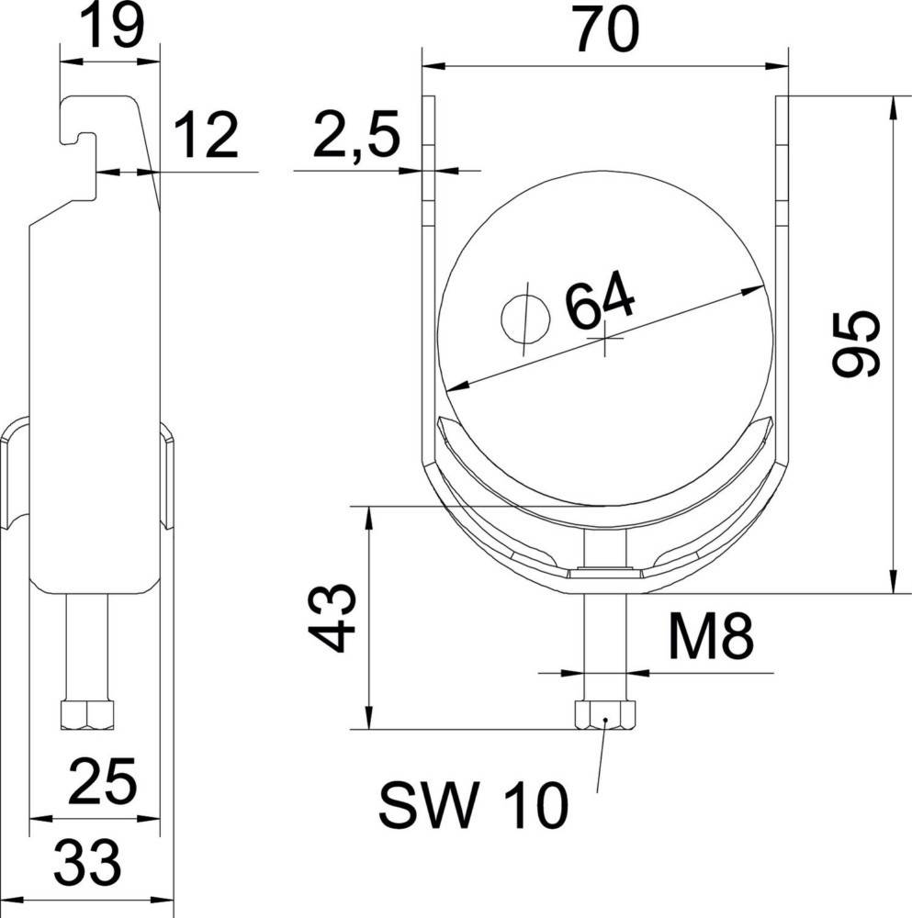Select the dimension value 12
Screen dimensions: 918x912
(206, 139)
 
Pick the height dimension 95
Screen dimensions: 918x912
(854, 343)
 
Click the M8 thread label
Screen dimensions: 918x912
(709, 638)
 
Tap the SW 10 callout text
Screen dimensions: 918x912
(473, 807)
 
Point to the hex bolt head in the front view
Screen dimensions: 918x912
(605, 715)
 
